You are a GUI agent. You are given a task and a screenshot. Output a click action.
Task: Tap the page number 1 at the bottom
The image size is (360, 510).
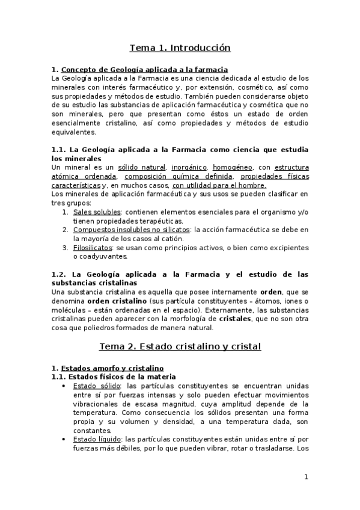(x=306, y=477)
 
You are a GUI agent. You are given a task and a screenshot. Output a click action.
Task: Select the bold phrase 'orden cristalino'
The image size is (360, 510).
(x=114, y=300)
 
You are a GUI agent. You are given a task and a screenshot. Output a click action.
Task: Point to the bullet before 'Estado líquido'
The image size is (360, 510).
(x=64, y=440)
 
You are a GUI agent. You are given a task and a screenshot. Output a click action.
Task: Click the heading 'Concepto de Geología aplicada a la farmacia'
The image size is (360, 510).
(x=144, y=69)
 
